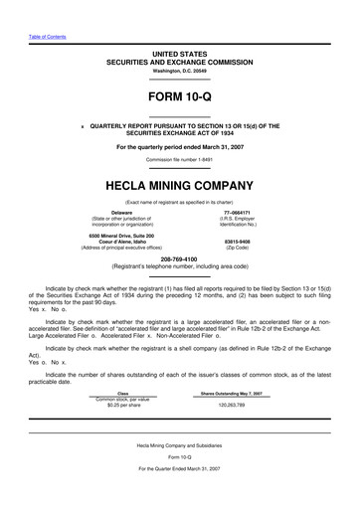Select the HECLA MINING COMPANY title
click(179, 187)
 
